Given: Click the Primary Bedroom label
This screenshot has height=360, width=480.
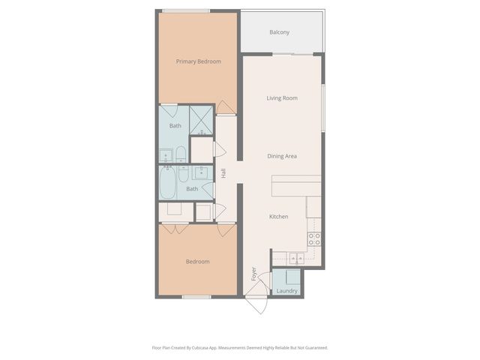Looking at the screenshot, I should click(x=198, y=61).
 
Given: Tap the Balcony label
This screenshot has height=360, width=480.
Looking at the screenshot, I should click(x=279, y=32).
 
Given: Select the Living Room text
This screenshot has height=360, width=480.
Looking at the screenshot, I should click(x=282, y=98).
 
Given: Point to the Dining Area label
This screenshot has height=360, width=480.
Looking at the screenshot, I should click(x=282, y=156).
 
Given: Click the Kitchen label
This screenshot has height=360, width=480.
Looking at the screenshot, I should click(x=279, y=217).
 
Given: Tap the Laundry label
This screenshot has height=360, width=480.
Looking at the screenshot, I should click(x=286, y=291).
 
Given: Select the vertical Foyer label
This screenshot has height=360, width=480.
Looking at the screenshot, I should click(x=253, y=274).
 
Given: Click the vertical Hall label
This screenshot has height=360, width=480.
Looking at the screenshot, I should click(x=223, y=173).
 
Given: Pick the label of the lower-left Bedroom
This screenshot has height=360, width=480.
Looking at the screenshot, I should click(x=197, y=262).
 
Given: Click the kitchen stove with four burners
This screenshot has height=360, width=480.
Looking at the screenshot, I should click(x=315, y=239).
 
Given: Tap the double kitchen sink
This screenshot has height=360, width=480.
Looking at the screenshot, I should click(x=293, y=259).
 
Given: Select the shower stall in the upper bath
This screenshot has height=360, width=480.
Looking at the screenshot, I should click(x=201, y=119).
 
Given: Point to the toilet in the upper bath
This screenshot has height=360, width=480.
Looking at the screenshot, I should click(x=181, y=155).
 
